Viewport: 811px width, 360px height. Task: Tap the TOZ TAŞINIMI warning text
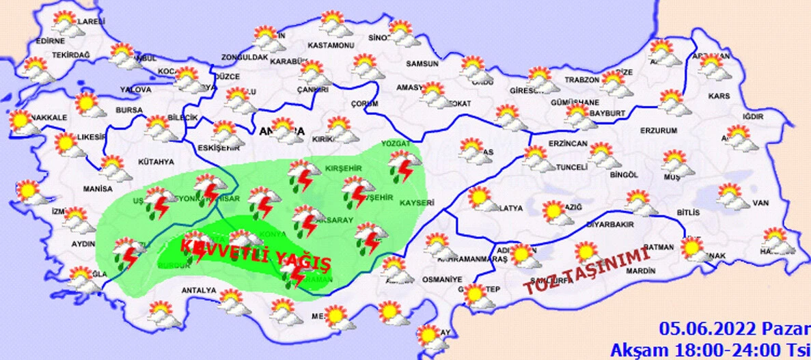585,271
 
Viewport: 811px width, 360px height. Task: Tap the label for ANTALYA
198,290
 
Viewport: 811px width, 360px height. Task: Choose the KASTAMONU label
330,45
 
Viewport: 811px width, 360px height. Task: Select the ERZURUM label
659,130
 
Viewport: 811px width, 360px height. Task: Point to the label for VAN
760,203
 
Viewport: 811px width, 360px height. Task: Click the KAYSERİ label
416,203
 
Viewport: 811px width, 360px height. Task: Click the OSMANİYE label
442,279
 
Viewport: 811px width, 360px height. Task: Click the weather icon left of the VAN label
734,197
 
